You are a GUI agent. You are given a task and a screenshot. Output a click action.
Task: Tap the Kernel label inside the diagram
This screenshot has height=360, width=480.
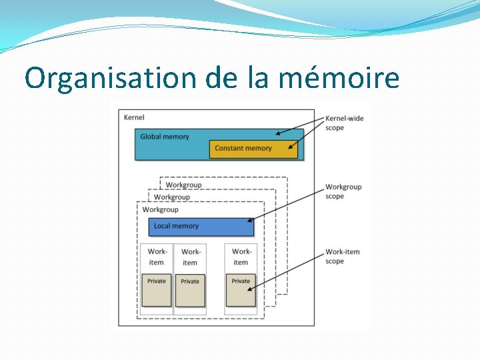[134, 118]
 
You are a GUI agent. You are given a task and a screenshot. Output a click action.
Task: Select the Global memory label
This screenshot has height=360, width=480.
[165, 137]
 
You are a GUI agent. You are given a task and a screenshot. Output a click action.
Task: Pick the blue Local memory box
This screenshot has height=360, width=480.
[201, 226]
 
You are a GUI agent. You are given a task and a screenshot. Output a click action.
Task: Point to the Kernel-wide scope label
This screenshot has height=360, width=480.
[344, 123]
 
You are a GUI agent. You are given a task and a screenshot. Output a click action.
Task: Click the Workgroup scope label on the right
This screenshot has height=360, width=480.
[343, 191]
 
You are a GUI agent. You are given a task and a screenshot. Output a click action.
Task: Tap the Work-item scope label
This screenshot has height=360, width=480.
[342, 257]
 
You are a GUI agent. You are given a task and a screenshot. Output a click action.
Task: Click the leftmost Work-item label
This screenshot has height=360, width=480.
[157, 257]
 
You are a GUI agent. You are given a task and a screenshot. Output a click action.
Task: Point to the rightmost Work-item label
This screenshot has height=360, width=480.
[241, 257]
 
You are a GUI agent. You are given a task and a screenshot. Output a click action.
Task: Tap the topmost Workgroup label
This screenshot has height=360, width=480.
[183, 185]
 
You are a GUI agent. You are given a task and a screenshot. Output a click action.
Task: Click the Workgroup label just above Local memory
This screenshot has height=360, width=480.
[160, 209]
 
